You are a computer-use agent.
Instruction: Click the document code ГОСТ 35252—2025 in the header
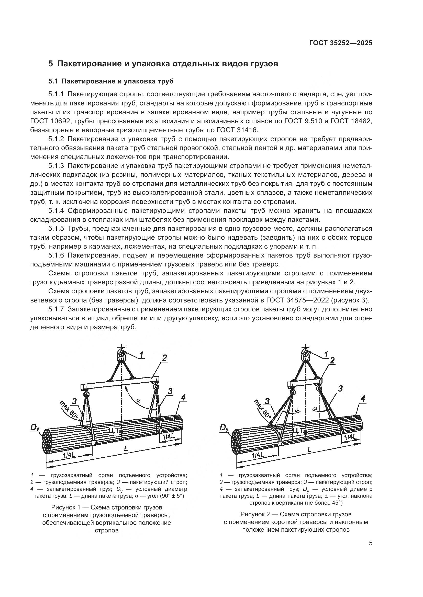pyautogui.click(x=340, y=43)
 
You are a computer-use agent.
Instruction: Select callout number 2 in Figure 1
pyautogui.click(x=164, y=365)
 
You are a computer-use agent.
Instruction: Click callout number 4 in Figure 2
pyautogui.click(x=363, y=398)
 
